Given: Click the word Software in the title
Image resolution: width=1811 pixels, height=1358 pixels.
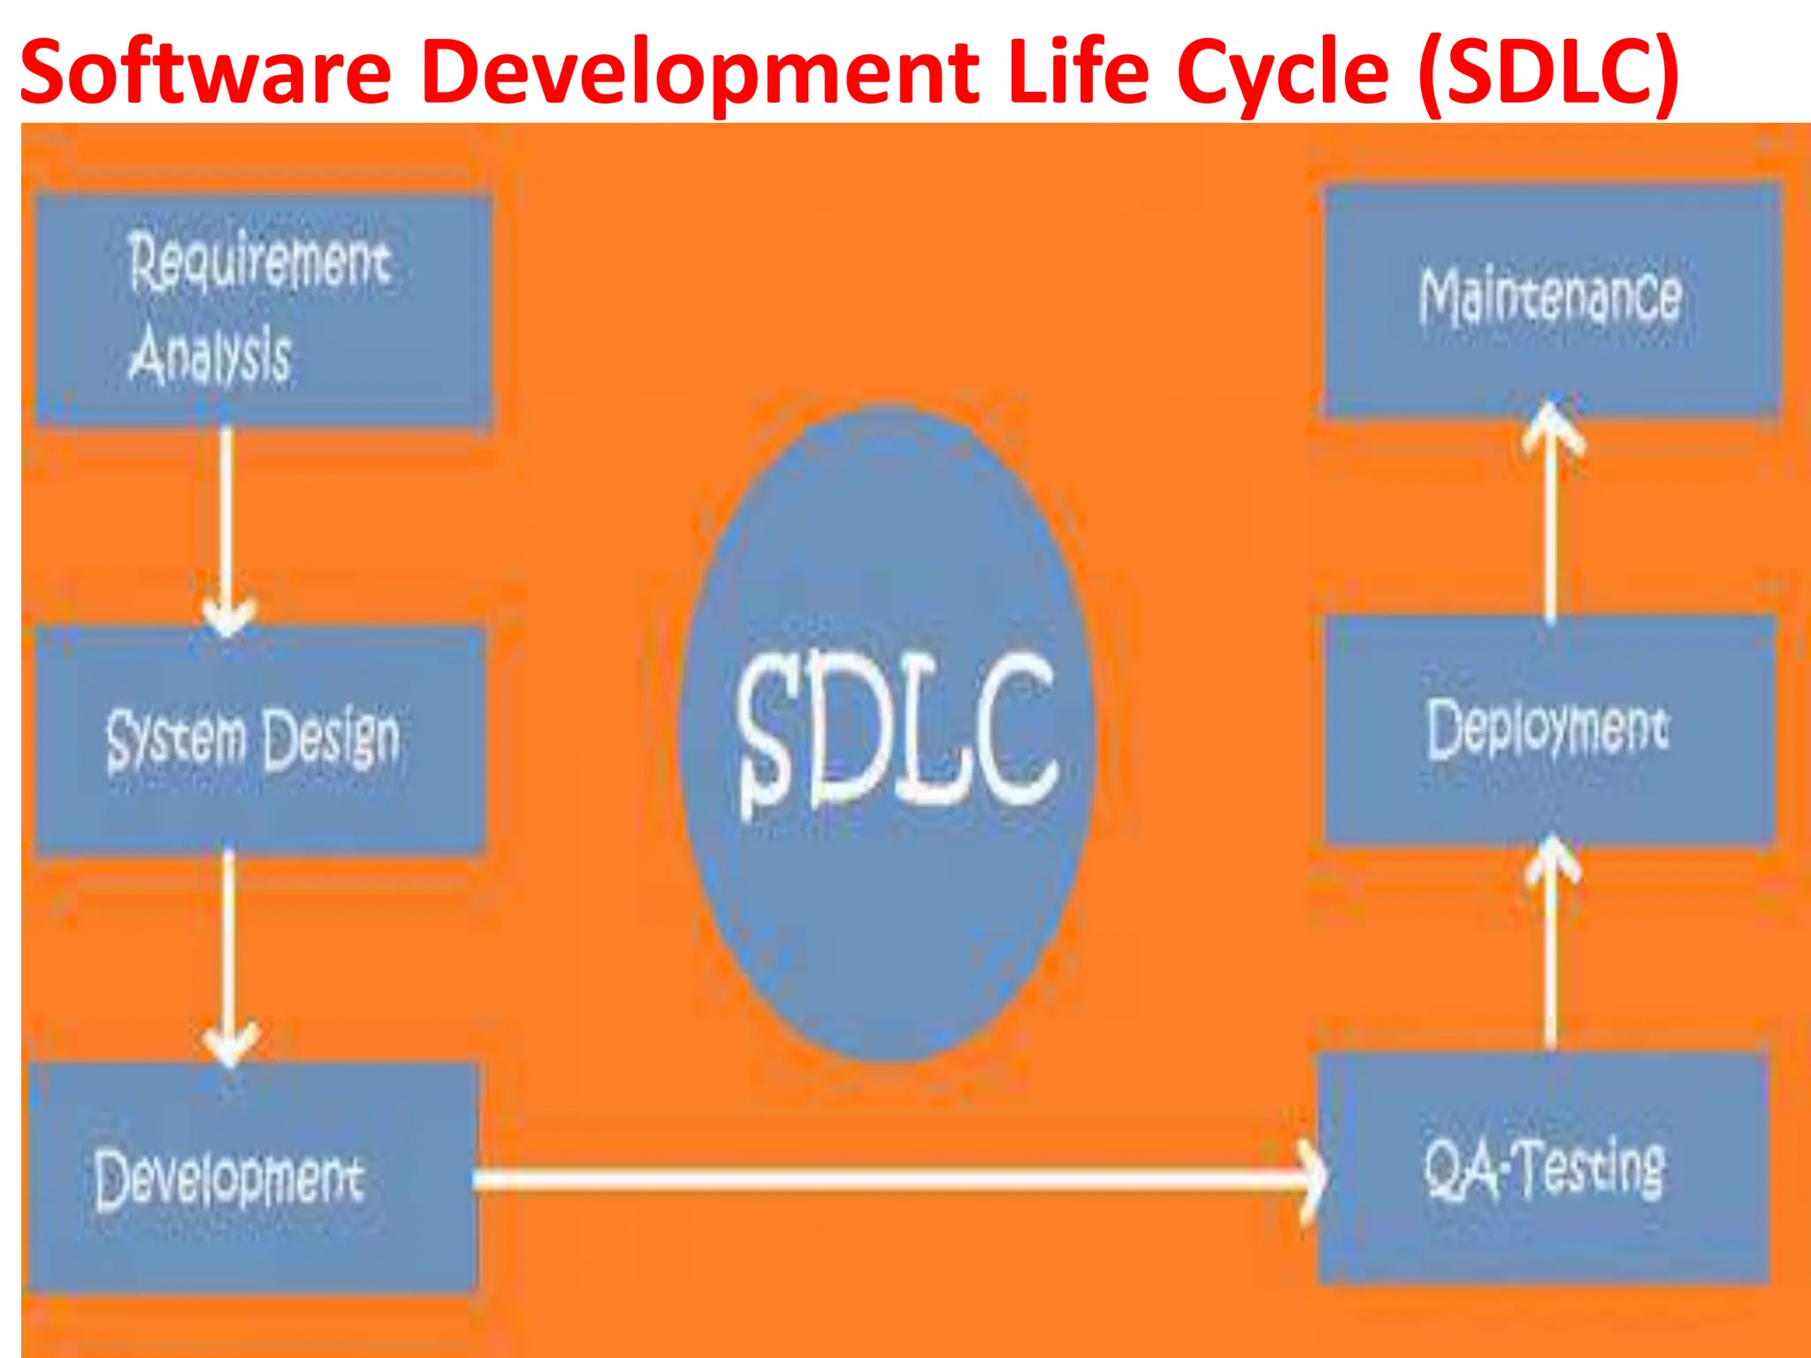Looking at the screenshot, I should (205, 71).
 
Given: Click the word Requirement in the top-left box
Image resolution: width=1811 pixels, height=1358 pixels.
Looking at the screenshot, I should (259, 262).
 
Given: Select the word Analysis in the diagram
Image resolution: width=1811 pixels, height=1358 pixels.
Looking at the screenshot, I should (210, 355).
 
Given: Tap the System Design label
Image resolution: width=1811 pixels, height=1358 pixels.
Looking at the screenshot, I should (253, 739).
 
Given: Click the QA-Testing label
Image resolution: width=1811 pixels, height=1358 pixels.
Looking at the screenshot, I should (1544, 1169).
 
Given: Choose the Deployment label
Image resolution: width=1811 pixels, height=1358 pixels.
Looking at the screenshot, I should (1548, 729).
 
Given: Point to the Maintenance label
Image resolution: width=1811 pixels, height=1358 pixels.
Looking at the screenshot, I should (1550, 295).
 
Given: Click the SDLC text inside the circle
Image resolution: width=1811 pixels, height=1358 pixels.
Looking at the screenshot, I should (897, 730).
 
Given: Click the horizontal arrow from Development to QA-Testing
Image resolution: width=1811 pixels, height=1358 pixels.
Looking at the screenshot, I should (884, 1179).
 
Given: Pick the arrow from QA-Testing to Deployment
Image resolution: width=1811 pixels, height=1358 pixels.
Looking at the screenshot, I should (1551, 946).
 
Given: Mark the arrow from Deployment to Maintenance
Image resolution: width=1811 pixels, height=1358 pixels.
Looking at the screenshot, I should (1551, 522).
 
